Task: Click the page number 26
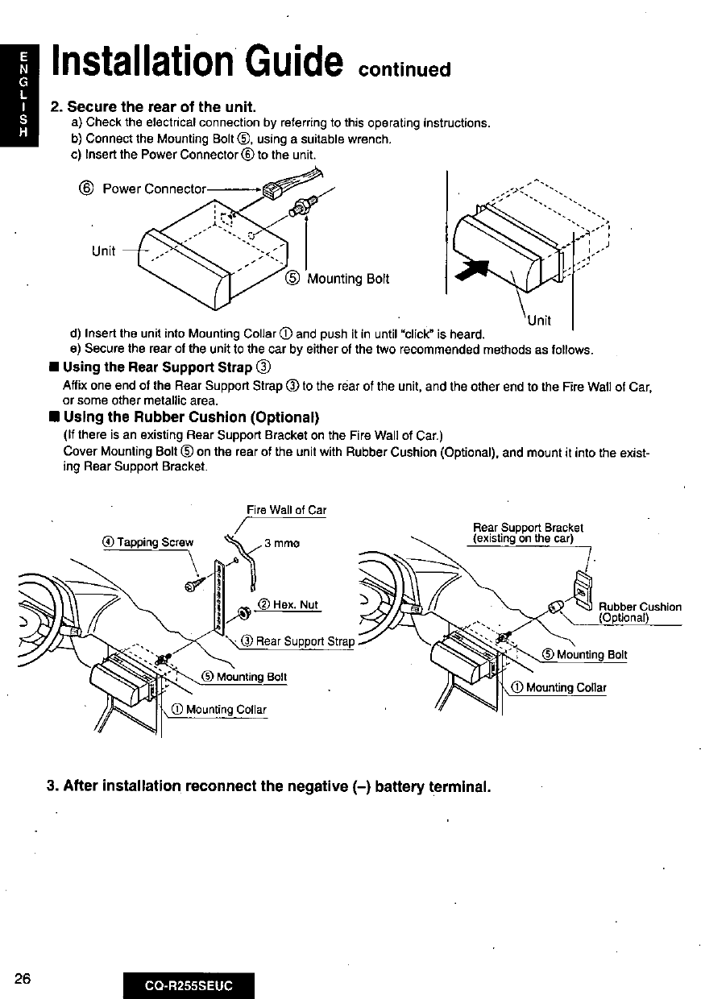(22, 979)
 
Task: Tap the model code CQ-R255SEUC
(189, 986)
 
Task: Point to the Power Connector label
(154, 189)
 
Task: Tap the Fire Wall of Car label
(286, 510)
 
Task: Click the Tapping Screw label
(156, 542)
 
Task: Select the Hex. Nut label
(295, 605)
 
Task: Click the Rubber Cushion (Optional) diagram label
(640, 612)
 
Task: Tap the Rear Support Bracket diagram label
(528, 533)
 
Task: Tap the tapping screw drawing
(195, 582)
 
